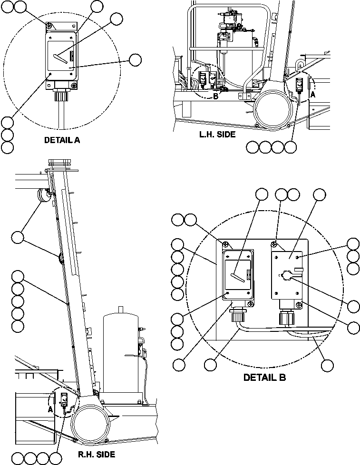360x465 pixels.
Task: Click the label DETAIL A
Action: [62, 140]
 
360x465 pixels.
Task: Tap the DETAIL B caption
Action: [264, 378]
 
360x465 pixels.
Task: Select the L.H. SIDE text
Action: [217, 135]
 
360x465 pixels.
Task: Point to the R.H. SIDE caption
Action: [97, 455]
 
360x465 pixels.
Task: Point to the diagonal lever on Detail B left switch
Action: [240, 277]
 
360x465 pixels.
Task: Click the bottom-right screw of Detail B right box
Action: [298, 305]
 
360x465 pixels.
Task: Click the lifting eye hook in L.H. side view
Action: [300, 63]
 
